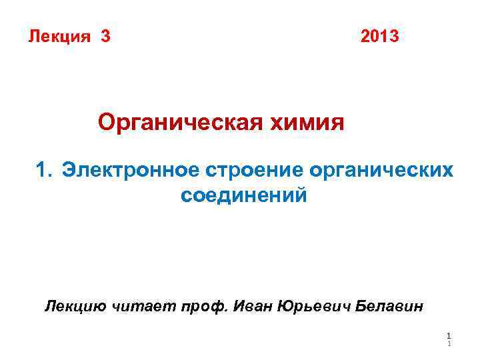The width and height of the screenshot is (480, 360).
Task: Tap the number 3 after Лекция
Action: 105,36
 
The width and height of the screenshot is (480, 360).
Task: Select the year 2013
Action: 380,36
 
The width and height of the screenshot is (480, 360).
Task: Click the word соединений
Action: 244,196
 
